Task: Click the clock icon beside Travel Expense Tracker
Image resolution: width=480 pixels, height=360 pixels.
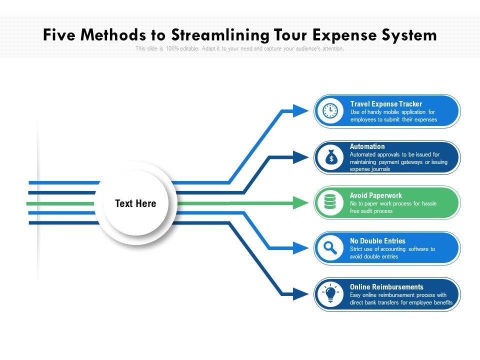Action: coord(330,111)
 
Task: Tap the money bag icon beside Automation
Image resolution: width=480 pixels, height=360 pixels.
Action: coord(330,158)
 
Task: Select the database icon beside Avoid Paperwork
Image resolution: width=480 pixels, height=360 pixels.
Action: coord(330,202)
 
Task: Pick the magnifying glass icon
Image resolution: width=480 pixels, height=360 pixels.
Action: coord(330,248)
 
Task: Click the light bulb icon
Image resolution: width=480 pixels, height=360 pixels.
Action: coord(330,294)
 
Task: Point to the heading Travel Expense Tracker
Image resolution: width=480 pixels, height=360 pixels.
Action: coord(386,104)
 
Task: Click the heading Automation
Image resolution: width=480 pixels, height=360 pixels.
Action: coord(367,146)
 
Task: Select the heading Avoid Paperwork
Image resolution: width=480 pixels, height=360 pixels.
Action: coord(376,195)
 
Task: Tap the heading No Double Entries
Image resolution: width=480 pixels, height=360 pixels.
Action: coord(377,241)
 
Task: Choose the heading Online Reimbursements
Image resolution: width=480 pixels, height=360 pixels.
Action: coord(386,287)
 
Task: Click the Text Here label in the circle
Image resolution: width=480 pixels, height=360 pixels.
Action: coord(135,203)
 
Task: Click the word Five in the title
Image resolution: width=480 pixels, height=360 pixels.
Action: coord(59,35)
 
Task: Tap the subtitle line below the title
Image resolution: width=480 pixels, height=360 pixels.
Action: coord(239,49)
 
